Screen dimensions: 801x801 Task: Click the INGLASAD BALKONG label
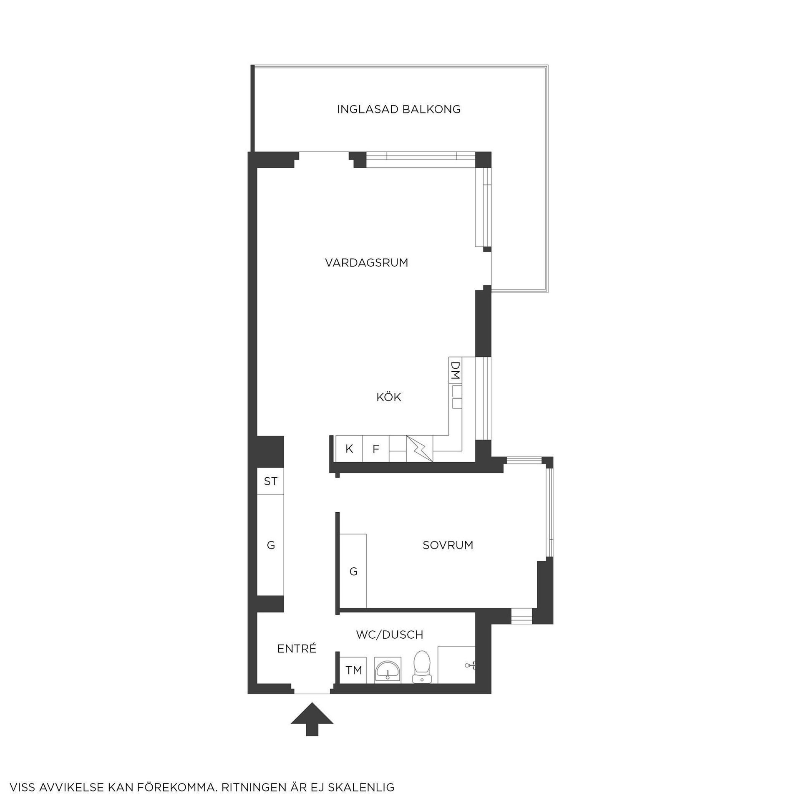tap(399, 109)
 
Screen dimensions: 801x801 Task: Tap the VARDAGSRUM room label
tap(367, 263)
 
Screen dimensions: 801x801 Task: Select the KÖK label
tap(389, 397)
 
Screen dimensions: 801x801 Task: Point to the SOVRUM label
tap(448, 545)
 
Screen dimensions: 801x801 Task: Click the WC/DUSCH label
tap(390, 635)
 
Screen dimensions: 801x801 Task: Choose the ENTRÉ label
tap(297, 649)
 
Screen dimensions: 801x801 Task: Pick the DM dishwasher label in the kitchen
tap(455, 370)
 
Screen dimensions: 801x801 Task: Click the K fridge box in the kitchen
tap(349, 449)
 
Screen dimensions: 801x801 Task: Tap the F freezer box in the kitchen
tap(376, 449)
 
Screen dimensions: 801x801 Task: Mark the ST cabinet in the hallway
tap(270, 481)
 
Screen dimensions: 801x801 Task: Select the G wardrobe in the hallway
tap(270, 545)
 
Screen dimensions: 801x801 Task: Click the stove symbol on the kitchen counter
tap(419, 449)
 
